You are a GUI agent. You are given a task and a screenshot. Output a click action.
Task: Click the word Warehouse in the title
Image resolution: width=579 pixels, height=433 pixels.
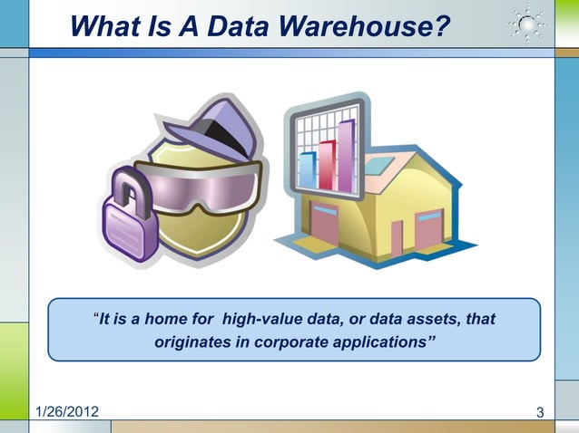[x=367, y=27]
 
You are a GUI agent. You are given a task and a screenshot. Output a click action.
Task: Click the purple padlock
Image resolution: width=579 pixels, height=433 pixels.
[x=127, y=222]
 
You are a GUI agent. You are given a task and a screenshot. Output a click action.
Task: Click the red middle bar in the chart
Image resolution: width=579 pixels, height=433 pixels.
[x=326, y=163]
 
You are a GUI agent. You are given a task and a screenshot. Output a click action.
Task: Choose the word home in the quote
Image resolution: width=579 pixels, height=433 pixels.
[x=170, y=320]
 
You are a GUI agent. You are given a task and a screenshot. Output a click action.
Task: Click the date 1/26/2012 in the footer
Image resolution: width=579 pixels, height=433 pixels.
[x=68, y=414]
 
